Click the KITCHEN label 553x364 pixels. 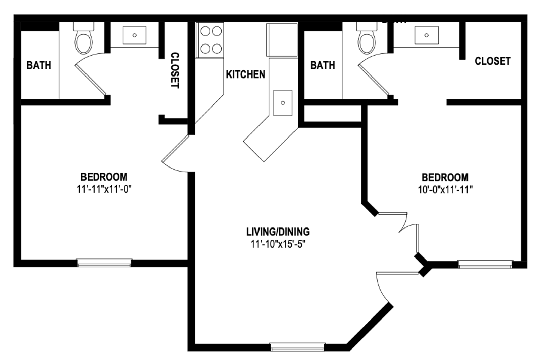click(x=245, y=74)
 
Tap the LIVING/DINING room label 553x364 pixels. click(x=278, y=232)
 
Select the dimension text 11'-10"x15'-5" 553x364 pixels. click(x=278, y=244)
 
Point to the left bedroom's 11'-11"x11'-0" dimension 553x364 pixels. click(x=104, y=189)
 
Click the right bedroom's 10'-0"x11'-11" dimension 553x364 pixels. click(x=445, y=190)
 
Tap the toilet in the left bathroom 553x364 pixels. click(x=84, y=38)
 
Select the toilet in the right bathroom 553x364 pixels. click(x=367, y=38)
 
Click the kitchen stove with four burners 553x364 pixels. click(x=210, y=40)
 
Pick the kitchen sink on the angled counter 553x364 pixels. click(x=283, y=103)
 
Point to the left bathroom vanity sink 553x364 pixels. click(x=134, y=35)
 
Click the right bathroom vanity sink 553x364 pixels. click(x=426, y=35)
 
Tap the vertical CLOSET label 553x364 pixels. click(x=175, y=70)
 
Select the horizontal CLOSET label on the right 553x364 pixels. click(x=492, y=61)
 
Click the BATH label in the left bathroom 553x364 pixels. click(x=39, y=65)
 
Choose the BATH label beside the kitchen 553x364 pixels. click(x=323, y=65)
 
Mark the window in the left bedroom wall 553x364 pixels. click(x=104, y=263)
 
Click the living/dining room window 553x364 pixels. click(x=298, y=347)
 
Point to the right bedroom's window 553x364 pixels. click(x=485, y=264)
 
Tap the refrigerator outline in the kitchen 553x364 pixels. click(x=282, y=40)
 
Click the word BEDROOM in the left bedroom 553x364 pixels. click(x=104, y=177)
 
